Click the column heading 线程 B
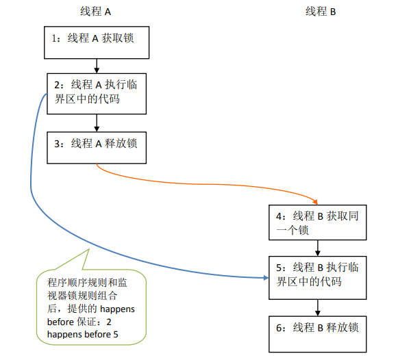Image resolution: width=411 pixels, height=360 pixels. tap(320, 12)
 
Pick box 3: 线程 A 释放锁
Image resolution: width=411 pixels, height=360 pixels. tap(97, 146)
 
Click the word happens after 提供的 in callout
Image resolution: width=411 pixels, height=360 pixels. tap(117, 309)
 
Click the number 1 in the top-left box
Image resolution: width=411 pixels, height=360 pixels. tap(55, 39)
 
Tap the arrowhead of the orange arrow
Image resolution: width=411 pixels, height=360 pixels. tap(316, 201)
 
